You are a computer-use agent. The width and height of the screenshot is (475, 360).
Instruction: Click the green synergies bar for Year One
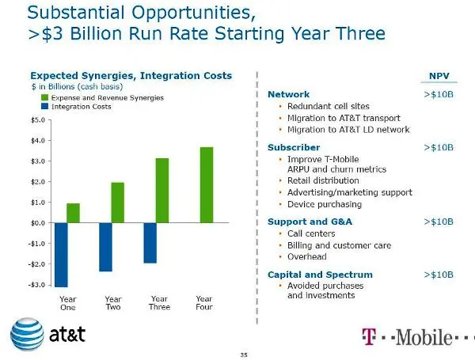(73, 213)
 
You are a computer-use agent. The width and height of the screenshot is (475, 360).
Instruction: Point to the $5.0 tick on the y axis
(36, 120)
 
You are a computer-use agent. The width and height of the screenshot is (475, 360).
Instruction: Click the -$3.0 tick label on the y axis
(35, 284)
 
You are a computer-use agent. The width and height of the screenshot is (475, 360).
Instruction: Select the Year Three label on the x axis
(159, 303)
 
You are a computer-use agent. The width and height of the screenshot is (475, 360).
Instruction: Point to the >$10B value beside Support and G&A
(439, 222)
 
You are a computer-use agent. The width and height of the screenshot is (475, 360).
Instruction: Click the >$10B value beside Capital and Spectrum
(439, 275)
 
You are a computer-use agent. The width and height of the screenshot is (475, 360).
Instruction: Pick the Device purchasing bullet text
(325, 204)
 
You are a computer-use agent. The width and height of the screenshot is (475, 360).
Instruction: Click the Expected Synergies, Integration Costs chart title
(131, 76)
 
